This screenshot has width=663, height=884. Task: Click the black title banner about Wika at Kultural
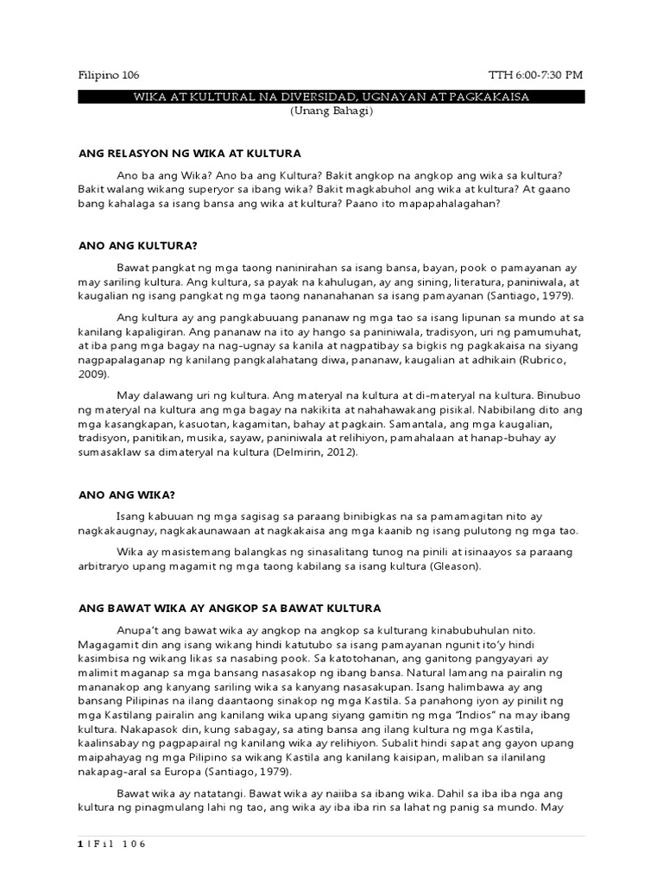point(331,98)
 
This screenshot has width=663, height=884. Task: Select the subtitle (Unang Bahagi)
point(331,113)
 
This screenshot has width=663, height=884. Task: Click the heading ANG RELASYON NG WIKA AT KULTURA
point(190,153)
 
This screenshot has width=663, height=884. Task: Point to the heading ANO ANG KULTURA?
point(138,245)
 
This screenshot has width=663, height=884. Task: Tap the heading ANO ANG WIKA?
point(126,495)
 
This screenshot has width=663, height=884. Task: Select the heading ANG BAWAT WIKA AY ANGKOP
point(230,609)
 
